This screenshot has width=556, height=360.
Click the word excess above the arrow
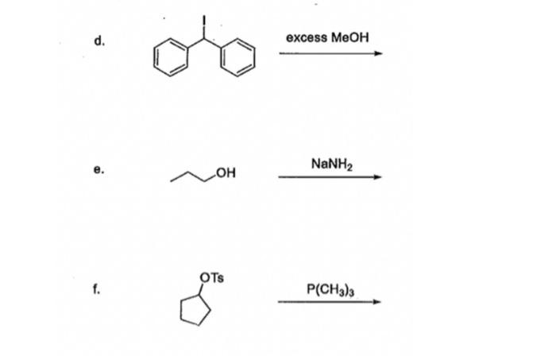308,37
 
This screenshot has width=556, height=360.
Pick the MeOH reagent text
351,37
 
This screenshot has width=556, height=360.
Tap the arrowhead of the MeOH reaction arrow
379,54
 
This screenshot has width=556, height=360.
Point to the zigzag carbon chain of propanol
195,179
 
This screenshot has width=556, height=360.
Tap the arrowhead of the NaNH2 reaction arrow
378,177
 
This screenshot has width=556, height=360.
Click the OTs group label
213,278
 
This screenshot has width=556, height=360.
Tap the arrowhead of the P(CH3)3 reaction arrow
378,301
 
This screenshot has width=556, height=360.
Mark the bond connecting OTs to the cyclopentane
203,289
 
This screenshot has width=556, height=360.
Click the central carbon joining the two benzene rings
203,38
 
